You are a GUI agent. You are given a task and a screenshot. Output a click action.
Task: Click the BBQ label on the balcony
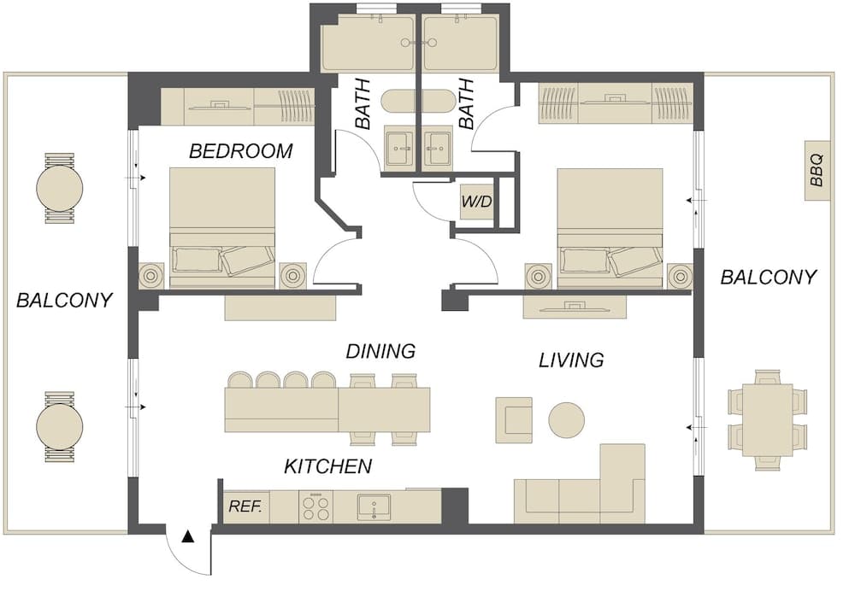click(x=817, y=171)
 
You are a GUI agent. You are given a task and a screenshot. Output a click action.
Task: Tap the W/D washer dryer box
click(x=477, y=202)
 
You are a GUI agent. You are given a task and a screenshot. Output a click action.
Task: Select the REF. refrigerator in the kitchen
click(x=245, y=506)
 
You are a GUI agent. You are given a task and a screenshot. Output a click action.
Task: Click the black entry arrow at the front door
click(x=188, y=537)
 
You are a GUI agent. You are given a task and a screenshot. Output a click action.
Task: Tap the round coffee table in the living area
click(x=567, y=420)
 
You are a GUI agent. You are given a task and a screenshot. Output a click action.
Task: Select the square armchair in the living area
click(x=514, y=420)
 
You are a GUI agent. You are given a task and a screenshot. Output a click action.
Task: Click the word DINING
click(x=380, y=351)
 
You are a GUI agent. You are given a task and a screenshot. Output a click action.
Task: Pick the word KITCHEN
click(x=328, y=466)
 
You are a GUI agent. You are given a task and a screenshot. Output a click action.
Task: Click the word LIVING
click(x=571, y=360)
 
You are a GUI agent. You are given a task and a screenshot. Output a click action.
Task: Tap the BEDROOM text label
click(x=240, y=151)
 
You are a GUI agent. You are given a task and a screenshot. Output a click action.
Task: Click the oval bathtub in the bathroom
click(x=418, y=102)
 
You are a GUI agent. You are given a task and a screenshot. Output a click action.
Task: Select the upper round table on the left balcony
click(x=60, y=189)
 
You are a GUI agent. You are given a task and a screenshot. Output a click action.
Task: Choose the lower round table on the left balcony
click(x=60, y=426)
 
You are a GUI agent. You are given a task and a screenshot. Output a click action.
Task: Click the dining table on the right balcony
click(x=768, y=420)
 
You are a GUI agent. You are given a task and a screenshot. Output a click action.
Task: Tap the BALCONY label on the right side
click(x=769, y=278)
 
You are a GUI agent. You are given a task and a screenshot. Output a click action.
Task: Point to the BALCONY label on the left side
click(x=64, y=300)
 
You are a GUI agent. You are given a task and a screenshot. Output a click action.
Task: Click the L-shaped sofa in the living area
click(x=581, y=484)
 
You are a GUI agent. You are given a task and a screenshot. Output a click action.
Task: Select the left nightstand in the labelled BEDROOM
click(x=151, y=276)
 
